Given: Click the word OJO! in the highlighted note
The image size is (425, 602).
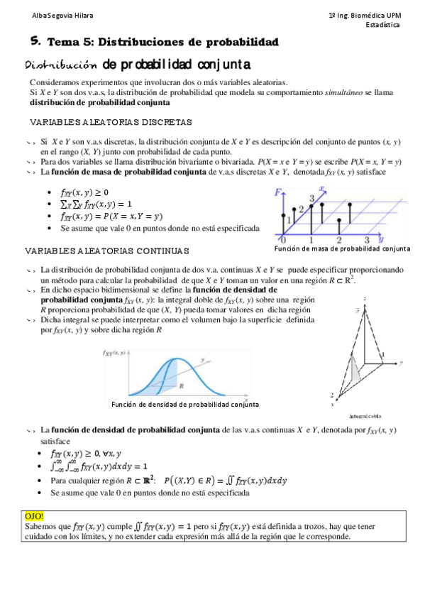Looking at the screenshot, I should click(34, 516).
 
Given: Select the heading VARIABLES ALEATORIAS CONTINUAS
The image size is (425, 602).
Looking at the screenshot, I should click(106, 251).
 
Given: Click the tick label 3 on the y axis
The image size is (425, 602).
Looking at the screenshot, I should click(368, 239).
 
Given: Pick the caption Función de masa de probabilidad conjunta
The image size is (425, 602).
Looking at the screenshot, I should click(342, 249).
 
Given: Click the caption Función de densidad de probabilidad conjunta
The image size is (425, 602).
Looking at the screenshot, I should click(186, 405).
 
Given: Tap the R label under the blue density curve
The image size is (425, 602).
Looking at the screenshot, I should click(182, 385).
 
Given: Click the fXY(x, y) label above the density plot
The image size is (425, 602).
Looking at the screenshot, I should click(115, 353).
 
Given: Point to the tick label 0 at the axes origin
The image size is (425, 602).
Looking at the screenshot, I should click(283, 239).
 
